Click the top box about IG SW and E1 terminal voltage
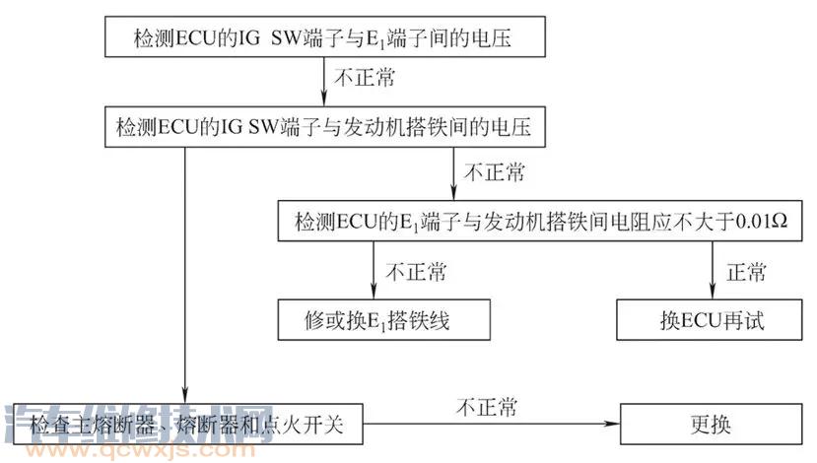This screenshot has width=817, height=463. tap(323, 38)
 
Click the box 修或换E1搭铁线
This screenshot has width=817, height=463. tap(383, 321)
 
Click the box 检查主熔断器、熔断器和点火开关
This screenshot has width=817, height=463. tap(187, 427)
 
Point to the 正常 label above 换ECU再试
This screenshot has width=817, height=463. tap(745, 270)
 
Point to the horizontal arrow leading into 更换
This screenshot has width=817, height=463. tap(493, 427)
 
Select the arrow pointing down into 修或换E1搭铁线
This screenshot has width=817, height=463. tap(374, 270)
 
